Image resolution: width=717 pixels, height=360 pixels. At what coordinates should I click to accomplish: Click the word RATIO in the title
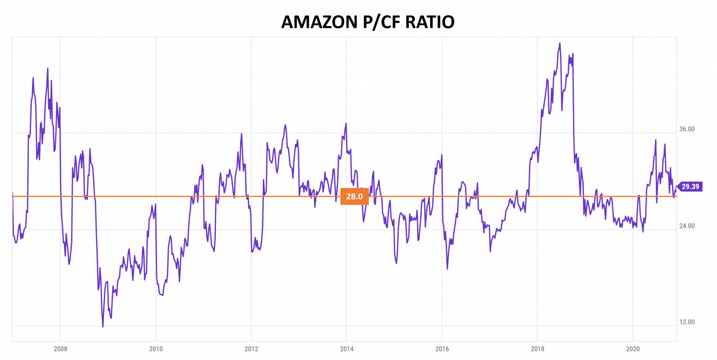[x=430, y=22]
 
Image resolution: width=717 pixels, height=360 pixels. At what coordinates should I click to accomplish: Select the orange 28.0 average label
[x=354, y=197]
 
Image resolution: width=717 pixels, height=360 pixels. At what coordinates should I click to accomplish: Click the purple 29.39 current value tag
[x=690, y=186]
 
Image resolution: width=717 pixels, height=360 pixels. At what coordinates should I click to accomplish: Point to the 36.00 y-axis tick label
[x=687, y=129]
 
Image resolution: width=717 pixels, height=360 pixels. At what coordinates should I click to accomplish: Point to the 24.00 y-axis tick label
[x=687, y=226]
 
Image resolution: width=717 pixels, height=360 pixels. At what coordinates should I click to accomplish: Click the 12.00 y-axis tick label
[x=687, y=322]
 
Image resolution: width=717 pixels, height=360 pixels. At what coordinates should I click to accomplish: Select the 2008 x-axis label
[x=60, y=349]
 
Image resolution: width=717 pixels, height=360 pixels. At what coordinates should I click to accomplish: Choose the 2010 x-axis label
[x=156, y=349]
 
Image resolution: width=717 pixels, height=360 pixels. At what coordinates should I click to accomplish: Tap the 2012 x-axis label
[x=251, y=349]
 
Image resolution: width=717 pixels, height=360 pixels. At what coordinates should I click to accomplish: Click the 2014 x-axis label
[x=347, y=349]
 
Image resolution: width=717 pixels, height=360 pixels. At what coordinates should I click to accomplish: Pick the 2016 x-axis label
[x=442, y=349]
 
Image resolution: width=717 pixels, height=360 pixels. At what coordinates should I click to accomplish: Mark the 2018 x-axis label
[x=537, y=349]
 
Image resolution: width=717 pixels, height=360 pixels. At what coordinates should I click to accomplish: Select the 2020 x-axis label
[x=633, y=349]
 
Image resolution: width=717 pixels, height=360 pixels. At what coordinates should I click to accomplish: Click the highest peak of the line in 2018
[x=560, y=43]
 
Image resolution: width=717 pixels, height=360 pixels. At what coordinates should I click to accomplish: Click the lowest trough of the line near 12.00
[x=103, y=326]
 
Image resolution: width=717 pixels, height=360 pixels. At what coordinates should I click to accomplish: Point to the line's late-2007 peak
[x=48, y=69]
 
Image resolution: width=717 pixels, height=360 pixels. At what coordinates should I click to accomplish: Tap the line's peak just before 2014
[x=346, y=123]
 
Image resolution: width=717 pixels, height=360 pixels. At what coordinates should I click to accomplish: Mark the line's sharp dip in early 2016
[x=447, y=269]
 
